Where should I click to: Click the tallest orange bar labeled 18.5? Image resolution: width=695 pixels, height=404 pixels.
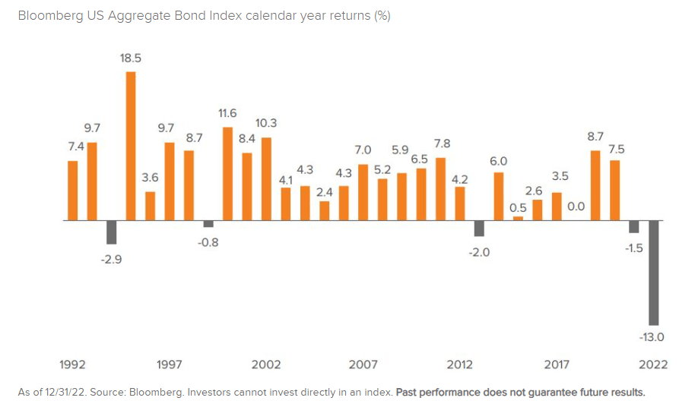[x=131, y=146]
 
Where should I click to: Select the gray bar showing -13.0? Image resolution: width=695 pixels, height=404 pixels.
[x=653, y=273]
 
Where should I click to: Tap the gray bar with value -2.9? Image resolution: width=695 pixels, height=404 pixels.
[x=111, y=232]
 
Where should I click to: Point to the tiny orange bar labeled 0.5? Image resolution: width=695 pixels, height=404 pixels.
[x=518, y=218]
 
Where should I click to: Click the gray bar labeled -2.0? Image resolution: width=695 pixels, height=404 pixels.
[x=479, y=229]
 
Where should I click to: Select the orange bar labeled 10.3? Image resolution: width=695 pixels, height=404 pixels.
[x=266, y=178]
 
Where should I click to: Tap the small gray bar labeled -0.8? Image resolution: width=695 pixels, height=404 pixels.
[x=208, y=224]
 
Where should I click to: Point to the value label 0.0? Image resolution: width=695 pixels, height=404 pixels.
[x=576, y=206]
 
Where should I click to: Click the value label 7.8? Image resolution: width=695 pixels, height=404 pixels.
[x=441, y=144]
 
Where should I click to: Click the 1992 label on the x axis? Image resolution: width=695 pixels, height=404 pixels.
[x=73, y=365]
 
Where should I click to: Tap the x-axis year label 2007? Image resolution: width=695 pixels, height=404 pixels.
[x=363, y=365]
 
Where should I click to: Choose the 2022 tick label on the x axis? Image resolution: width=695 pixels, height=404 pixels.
[x=653, y=365]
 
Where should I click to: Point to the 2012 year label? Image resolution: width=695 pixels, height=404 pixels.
[x=460, y=365]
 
